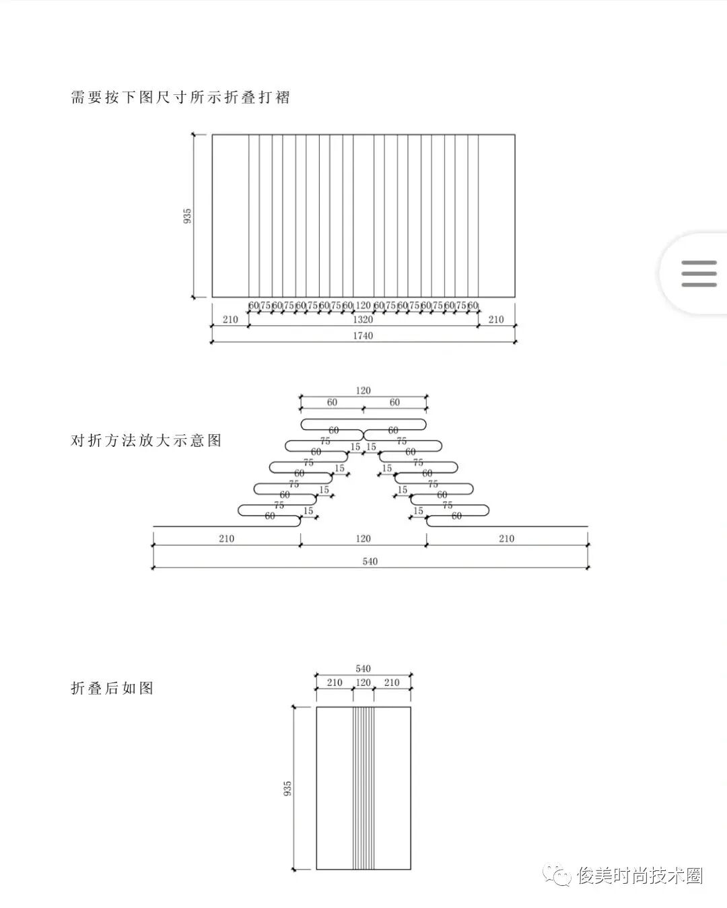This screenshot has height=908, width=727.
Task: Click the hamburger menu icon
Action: pyautogui.click(x=699, y=273)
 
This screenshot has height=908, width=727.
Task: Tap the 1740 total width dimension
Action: pyautogui.click(x=363, y=336)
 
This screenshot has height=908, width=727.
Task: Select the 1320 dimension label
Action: pyautogui.click(x=363, y=320)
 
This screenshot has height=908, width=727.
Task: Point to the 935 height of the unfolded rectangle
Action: pyautogui.click(x=188, y=216)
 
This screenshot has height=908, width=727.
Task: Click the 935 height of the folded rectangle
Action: pyautogui.click(x=288, y=788)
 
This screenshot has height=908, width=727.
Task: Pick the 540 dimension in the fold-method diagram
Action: pyautogui.click(x=370, y=561)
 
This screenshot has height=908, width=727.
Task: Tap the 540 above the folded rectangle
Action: pyautogui.click(x=363, y=669)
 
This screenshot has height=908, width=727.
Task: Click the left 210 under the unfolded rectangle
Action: pyautogui.click(x=230, y=320)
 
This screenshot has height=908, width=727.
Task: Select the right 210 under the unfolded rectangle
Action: pyautogui.click(x=496, y=320)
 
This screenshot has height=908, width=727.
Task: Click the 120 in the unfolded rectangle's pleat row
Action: pyautogui.click(x=363, y=306)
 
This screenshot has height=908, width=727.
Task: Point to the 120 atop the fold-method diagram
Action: pyautogui.click(x=363, y=390)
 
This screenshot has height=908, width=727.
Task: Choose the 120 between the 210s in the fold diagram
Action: pyautogui.click(x=363, y=538)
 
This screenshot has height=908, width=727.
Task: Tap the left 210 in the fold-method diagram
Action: pyautogui.click(x=226, y=538)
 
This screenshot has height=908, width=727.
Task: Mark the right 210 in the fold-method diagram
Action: pyautogui.click(x=506, y=538)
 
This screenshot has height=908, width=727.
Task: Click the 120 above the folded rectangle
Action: pyautogui.click(x=363, y=683)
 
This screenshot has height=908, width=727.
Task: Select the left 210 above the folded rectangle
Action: pyautogui.click(x=335, y=683)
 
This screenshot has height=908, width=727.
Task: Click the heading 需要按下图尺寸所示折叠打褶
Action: pyautogui.click(x=180, y=97)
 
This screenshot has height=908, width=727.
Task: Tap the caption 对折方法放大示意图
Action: pyautogui.click(x=146, y=441)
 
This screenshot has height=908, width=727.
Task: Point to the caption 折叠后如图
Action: pyautogui.click(x=112, y=688)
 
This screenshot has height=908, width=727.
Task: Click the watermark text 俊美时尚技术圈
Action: pyautogui.click(x=639, y=876)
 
